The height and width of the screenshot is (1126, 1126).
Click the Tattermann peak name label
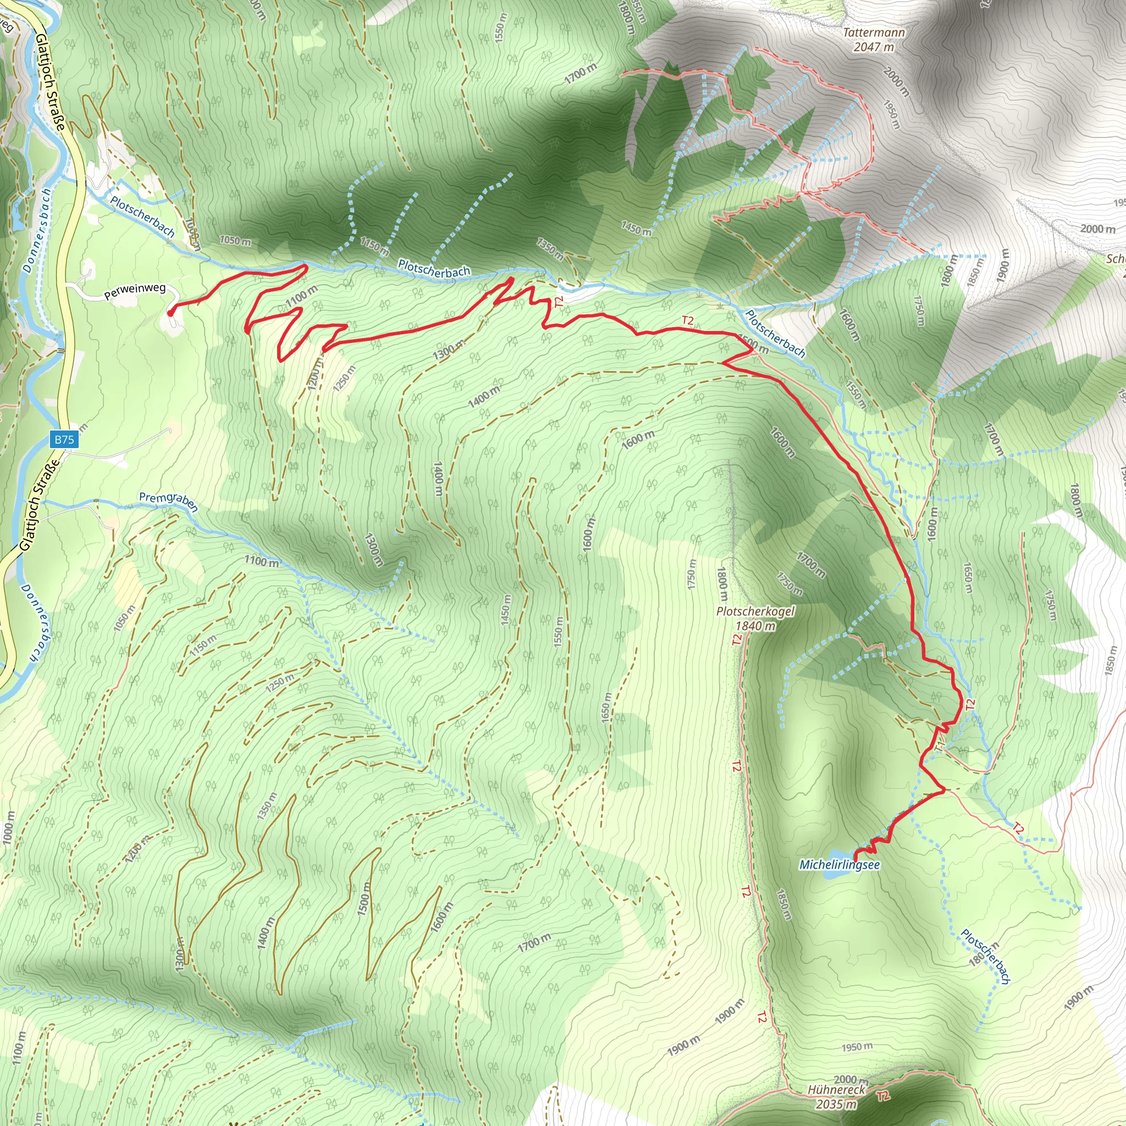(x=874, y=32)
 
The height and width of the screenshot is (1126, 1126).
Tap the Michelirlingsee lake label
(x=839, y=865)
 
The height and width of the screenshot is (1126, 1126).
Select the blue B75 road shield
(x=64, y=439)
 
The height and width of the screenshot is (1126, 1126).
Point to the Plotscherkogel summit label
(x=755, y=611)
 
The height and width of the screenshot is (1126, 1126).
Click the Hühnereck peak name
(x=836, y=1089)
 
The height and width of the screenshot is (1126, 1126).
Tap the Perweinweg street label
(x=135, y=291)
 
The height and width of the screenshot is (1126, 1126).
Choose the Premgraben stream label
(x=168, y=501)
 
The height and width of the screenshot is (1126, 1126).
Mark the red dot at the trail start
(x=171, y=313)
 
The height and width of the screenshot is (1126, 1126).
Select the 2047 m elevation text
(x=874, y=47)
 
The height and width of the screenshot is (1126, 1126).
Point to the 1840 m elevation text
(x=755, y=626)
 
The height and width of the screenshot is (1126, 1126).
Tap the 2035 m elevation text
(x=836, y=1104)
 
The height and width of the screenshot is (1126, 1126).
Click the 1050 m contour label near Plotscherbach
(x=235, y=241)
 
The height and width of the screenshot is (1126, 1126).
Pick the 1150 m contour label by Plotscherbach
(x=374, y=246)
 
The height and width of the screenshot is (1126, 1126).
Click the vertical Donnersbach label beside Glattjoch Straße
(x=37, y=230)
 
